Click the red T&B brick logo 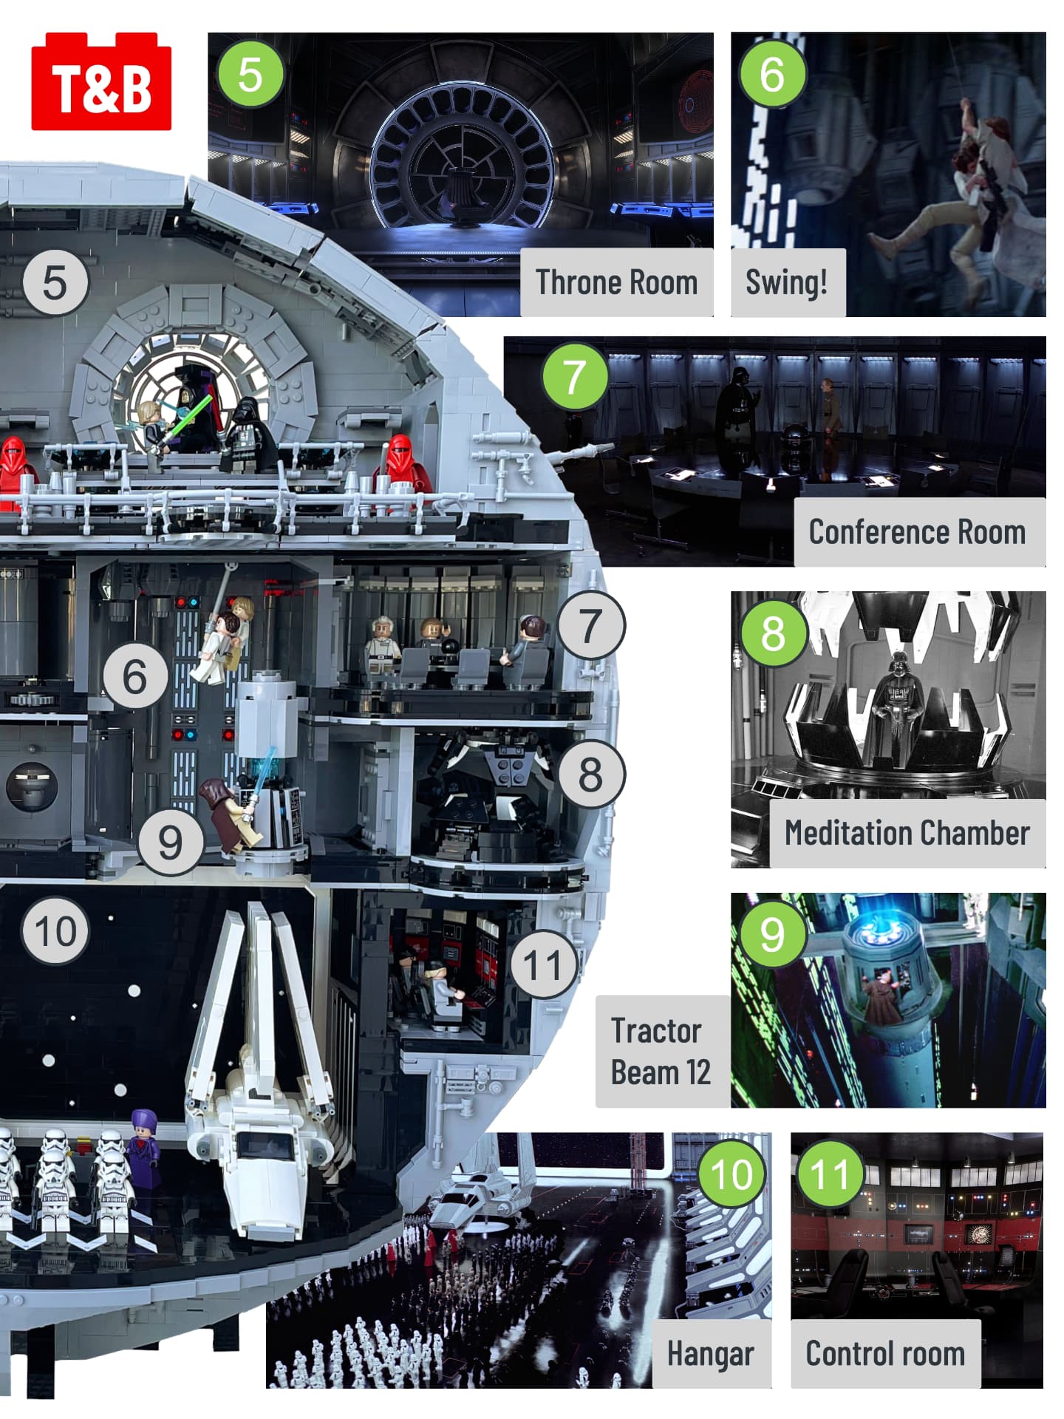(101, 81)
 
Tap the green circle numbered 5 (250, 74)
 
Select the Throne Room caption (617, 282)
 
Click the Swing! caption (787, 282)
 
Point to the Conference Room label (918, 532)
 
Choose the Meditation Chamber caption (907, 833)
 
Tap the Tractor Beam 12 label (661, 1051)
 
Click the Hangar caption (711, 1353)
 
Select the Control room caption (885, 1353)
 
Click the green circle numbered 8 (773, 633)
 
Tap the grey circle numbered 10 (55, 930)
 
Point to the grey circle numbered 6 (135, 676)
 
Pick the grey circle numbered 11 (543, 964)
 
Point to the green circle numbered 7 (576, 376)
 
